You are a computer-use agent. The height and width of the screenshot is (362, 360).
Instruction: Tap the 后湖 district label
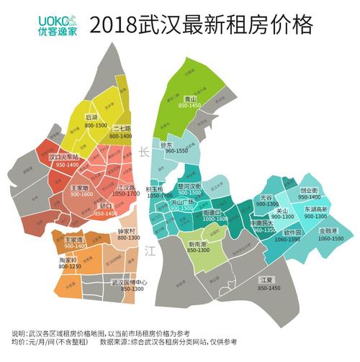pyautogui.click(x=91, y=117)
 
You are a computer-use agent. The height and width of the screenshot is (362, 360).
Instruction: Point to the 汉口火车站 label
pyautogui.click(x=63, y=156)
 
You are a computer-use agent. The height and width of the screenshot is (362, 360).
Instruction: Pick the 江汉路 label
pyautogui.click(x=127, y=186)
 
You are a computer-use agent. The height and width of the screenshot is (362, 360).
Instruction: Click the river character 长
pyautogui.click(x=145, y=152)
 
